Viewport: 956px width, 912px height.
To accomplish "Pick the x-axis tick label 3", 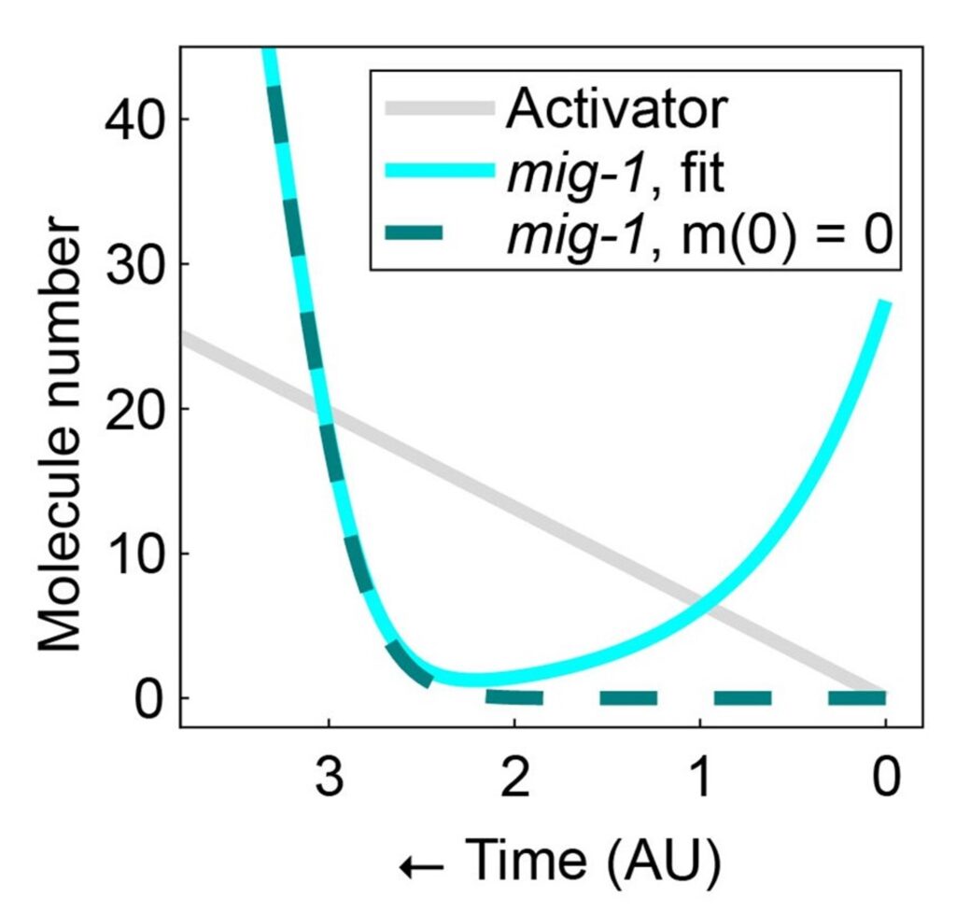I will [329, 778].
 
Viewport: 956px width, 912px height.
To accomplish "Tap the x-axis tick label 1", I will [699, 778].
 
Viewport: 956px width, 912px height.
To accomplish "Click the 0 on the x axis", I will [885, 778].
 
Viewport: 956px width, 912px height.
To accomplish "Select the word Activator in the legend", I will [615, 110].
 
